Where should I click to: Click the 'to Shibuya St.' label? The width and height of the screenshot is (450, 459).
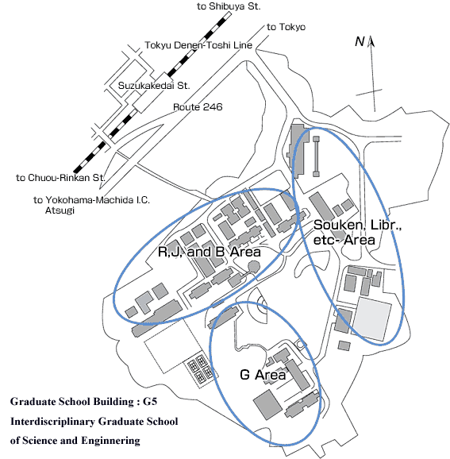pos(229,6)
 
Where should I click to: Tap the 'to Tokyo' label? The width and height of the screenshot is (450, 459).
pos(286,27)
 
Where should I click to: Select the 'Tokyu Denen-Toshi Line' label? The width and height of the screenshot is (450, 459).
pos(198,45)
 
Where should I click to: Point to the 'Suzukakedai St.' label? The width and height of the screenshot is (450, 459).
pos(154,86)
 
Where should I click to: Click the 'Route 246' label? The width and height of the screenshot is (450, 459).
pos(198,107)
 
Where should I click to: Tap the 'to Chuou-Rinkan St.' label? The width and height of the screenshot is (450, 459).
pos(60,178)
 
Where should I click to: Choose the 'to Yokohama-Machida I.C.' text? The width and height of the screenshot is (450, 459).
pos(91,200)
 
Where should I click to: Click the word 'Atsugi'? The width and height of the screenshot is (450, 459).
pos(60,210)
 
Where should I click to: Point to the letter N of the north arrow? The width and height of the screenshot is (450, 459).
pos(360,41)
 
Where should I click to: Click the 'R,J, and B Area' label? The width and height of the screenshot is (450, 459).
pos(210,252)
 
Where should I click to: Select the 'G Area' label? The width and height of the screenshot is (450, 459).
pos(263,375)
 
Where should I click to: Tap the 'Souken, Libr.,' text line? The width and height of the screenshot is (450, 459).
pos(358,225)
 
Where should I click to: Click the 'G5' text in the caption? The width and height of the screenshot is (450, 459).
pos(150,401)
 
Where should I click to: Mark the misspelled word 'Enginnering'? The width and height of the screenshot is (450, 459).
pos(110,441)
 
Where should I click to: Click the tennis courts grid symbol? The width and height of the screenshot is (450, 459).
pos(201,368)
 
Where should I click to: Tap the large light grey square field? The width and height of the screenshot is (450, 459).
pos(372,318)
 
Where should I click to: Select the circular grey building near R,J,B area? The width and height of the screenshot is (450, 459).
pos(254,266)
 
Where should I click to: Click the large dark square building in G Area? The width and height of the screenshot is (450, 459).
pos(267,404)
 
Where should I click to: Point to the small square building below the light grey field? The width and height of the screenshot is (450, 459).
pos(344,345)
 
